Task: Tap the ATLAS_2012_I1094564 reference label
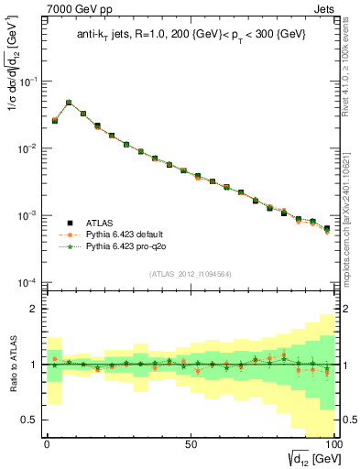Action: (191, 272)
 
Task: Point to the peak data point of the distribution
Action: (69, 103)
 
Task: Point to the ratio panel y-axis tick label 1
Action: (35, 365)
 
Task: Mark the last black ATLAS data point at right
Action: (327, 229)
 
